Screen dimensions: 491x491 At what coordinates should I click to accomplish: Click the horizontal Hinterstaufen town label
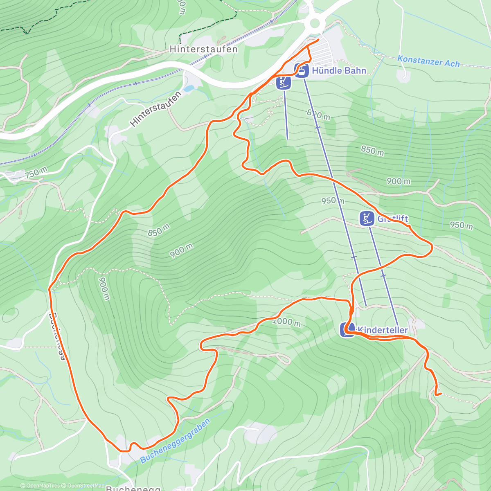[203, 49]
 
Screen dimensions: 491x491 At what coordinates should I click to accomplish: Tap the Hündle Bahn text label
[339, 70]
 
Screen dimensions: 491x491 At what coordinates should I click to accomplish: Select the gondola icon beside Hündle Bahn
[302, 70]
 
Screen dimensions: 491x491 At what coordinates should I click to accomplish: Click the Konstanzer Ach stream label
[428, 61]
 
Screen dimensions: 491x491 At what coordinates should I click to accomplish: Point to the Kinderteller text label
[382, 330]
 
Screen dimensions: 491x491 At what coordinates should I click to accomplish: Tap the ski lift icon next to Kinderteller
[347, 330]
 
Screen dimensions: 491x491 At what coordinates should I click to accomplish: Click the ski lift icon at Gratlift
[367, 218]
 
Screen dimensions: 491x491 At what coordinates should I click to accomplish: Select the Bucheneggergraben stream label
[175, 441]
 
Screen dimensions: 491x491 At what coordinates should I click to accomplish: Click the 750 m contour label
[36, 173]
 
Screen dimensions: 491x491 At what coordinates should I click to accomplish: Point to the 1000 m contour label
[287, 322]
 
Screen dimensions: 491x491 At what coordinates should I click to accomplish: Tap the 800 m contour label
[319, 115]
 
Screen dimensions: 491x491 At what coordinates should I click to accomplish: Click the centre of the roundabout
[315, 23]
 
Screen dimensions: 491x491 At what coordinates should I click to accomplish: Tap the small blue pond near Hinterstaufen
[188, 88]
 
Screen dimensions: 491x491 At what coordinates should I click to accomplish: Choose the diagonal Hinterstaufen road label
[155, 109]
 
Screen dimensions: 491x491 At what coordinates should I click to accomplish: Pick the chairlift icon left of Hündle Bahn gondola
[284, 83]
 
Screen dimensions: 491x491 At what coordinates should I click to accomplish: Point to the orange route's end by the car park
[318, 40]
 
